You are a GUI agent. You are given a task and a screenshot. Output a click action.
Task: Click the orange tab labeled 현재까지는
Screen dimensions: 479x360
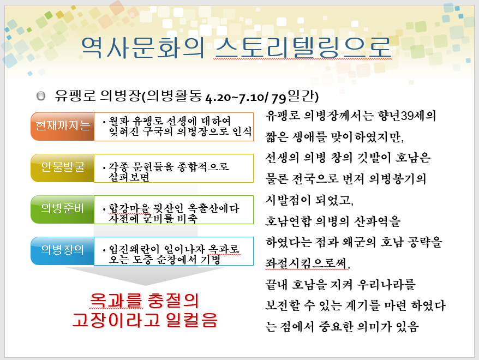pos(63,126)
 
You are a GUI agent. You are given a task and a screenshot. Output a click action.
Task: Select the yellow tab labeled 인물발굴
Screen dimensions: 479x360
pos(63,168)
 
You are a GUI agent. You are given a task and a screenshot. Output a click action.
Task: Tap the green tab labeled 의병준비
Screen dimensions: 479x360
pos(63,209)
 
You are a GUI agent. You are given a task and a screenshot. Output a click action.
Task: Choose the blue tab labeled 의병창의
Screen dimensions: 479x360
pos(63,251)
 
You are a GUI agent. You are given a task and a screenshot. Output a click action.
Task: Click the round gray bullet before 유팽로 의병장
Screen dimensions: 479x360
pos(40,96)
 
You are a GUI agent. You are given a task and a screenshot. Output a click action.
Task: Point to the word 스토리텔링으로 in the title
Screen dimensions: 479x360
pos(302,47)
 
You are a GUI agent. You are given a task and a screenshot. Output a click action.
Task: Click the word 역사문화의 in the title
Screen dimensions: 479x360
pos(142,47)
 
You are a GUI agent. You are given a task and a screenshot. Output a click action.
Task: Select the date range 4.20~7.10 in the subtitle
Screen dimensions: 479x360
pos(235,98)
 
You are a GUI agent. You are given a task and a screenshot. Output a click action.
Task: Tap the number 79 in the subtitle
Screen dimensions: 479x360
pos(279,98)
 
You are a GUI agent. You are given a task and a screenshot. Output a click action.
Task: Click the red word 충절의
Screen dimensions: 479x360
pos(173,300)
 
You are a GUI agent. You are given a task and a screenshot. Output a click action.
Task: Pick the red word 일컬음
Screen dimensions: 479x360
pos(191,320)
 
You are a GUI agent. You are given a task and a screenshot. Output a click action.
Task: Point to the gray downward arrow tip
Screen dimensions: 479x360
pos(146,285)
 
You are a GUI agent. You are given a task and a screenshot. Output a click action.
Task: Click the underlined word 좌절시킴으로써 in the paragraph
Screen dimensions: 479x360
pos(307,263)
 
